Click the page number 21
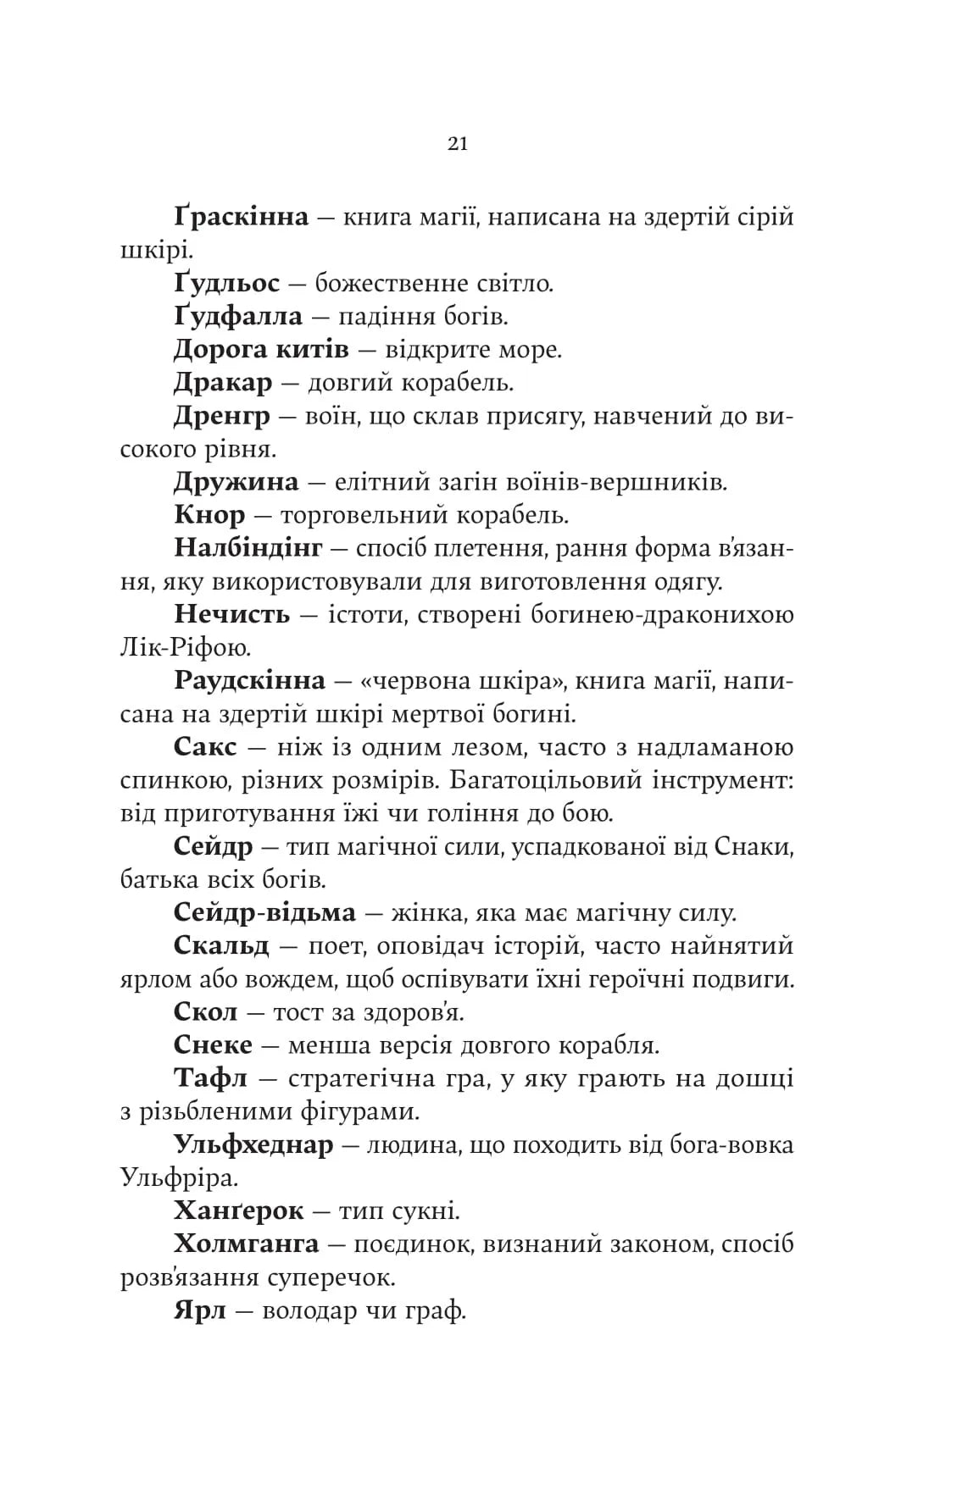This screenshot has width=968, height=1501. pos(458,144)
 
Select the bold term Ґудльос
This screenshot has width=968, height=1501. pos(226,284)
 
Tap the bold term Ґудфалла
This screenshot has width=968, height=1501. pos(237,317)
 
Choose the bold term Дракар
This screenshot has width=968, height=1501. pos(223,383)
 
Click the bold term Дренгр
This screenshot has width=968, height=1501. pos(222,416)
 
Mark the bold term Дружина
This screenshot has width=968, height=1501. pos(236,483)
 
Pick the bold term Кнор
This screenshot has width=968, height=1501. pos(209,515)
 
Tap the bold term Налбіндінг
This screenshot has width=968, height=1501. pos(248,549)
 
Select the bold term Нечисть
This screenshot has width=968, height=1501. pos(231,615)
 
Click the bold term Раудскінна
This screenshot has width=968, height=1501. pos(249,681)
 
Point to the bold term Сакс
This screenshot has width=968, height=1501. pos(205,748)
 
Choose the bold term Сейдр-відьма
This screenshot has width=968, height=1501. pos(264,913)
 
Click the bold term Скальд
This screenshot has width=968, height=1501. pos(221,946)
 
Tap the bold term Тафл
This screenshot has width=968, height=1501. pos(210,1079)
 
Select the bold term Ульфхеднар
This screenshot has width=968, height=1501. pos(253,1145)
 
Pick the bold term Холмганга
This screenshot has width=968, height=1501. pos(246,1244)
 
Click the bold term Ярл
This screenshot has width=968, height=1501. pos(200,1311)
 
